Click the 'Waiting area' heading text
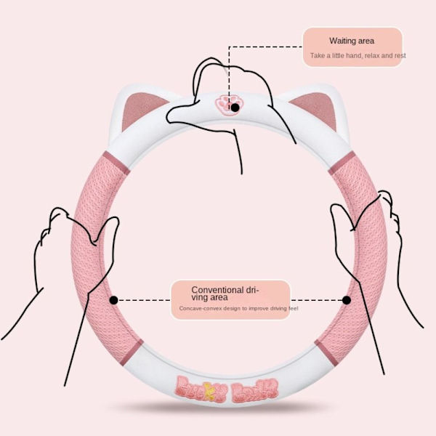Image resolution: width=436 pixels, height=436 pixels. (x=352, y=41)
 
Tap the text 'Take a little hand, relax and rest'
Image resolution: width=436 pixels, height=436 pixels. (x=358, y=55)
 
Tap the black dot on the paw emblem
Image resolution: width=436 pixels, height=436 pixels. (x=235, y=108)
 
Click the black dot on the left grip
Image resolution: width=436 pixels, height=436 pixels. (x=113, y=299)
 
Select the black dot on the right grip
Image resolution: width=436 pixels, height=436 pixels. (x=347, y=299)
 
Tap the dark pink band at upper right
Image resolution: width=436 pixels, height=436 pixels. (x=342, y=163)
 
